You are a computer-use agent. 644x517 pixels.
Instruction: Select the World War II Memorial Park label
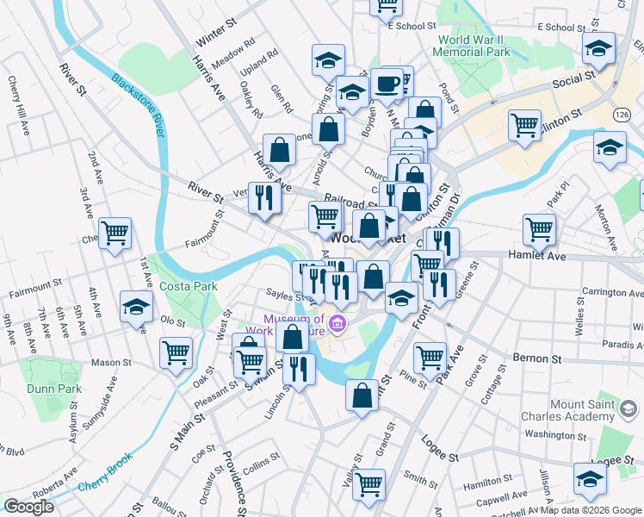[479, 47]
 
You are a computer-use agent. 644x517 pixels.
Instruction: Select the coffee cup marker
[387, 84]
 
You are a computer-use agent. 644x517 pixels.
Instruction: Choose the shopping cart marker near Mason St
[176, 353]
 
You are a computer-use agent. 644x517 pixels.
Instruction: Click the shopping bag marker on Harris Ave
[280, 151]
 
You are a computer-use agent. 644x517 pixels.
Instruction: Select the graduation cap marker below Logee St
[591, 479]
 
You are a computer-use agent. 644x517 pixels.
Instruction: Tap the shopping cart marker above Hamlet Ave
[539, 229]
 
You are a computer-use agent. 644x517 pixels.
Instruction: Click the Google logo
[28, 506]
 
